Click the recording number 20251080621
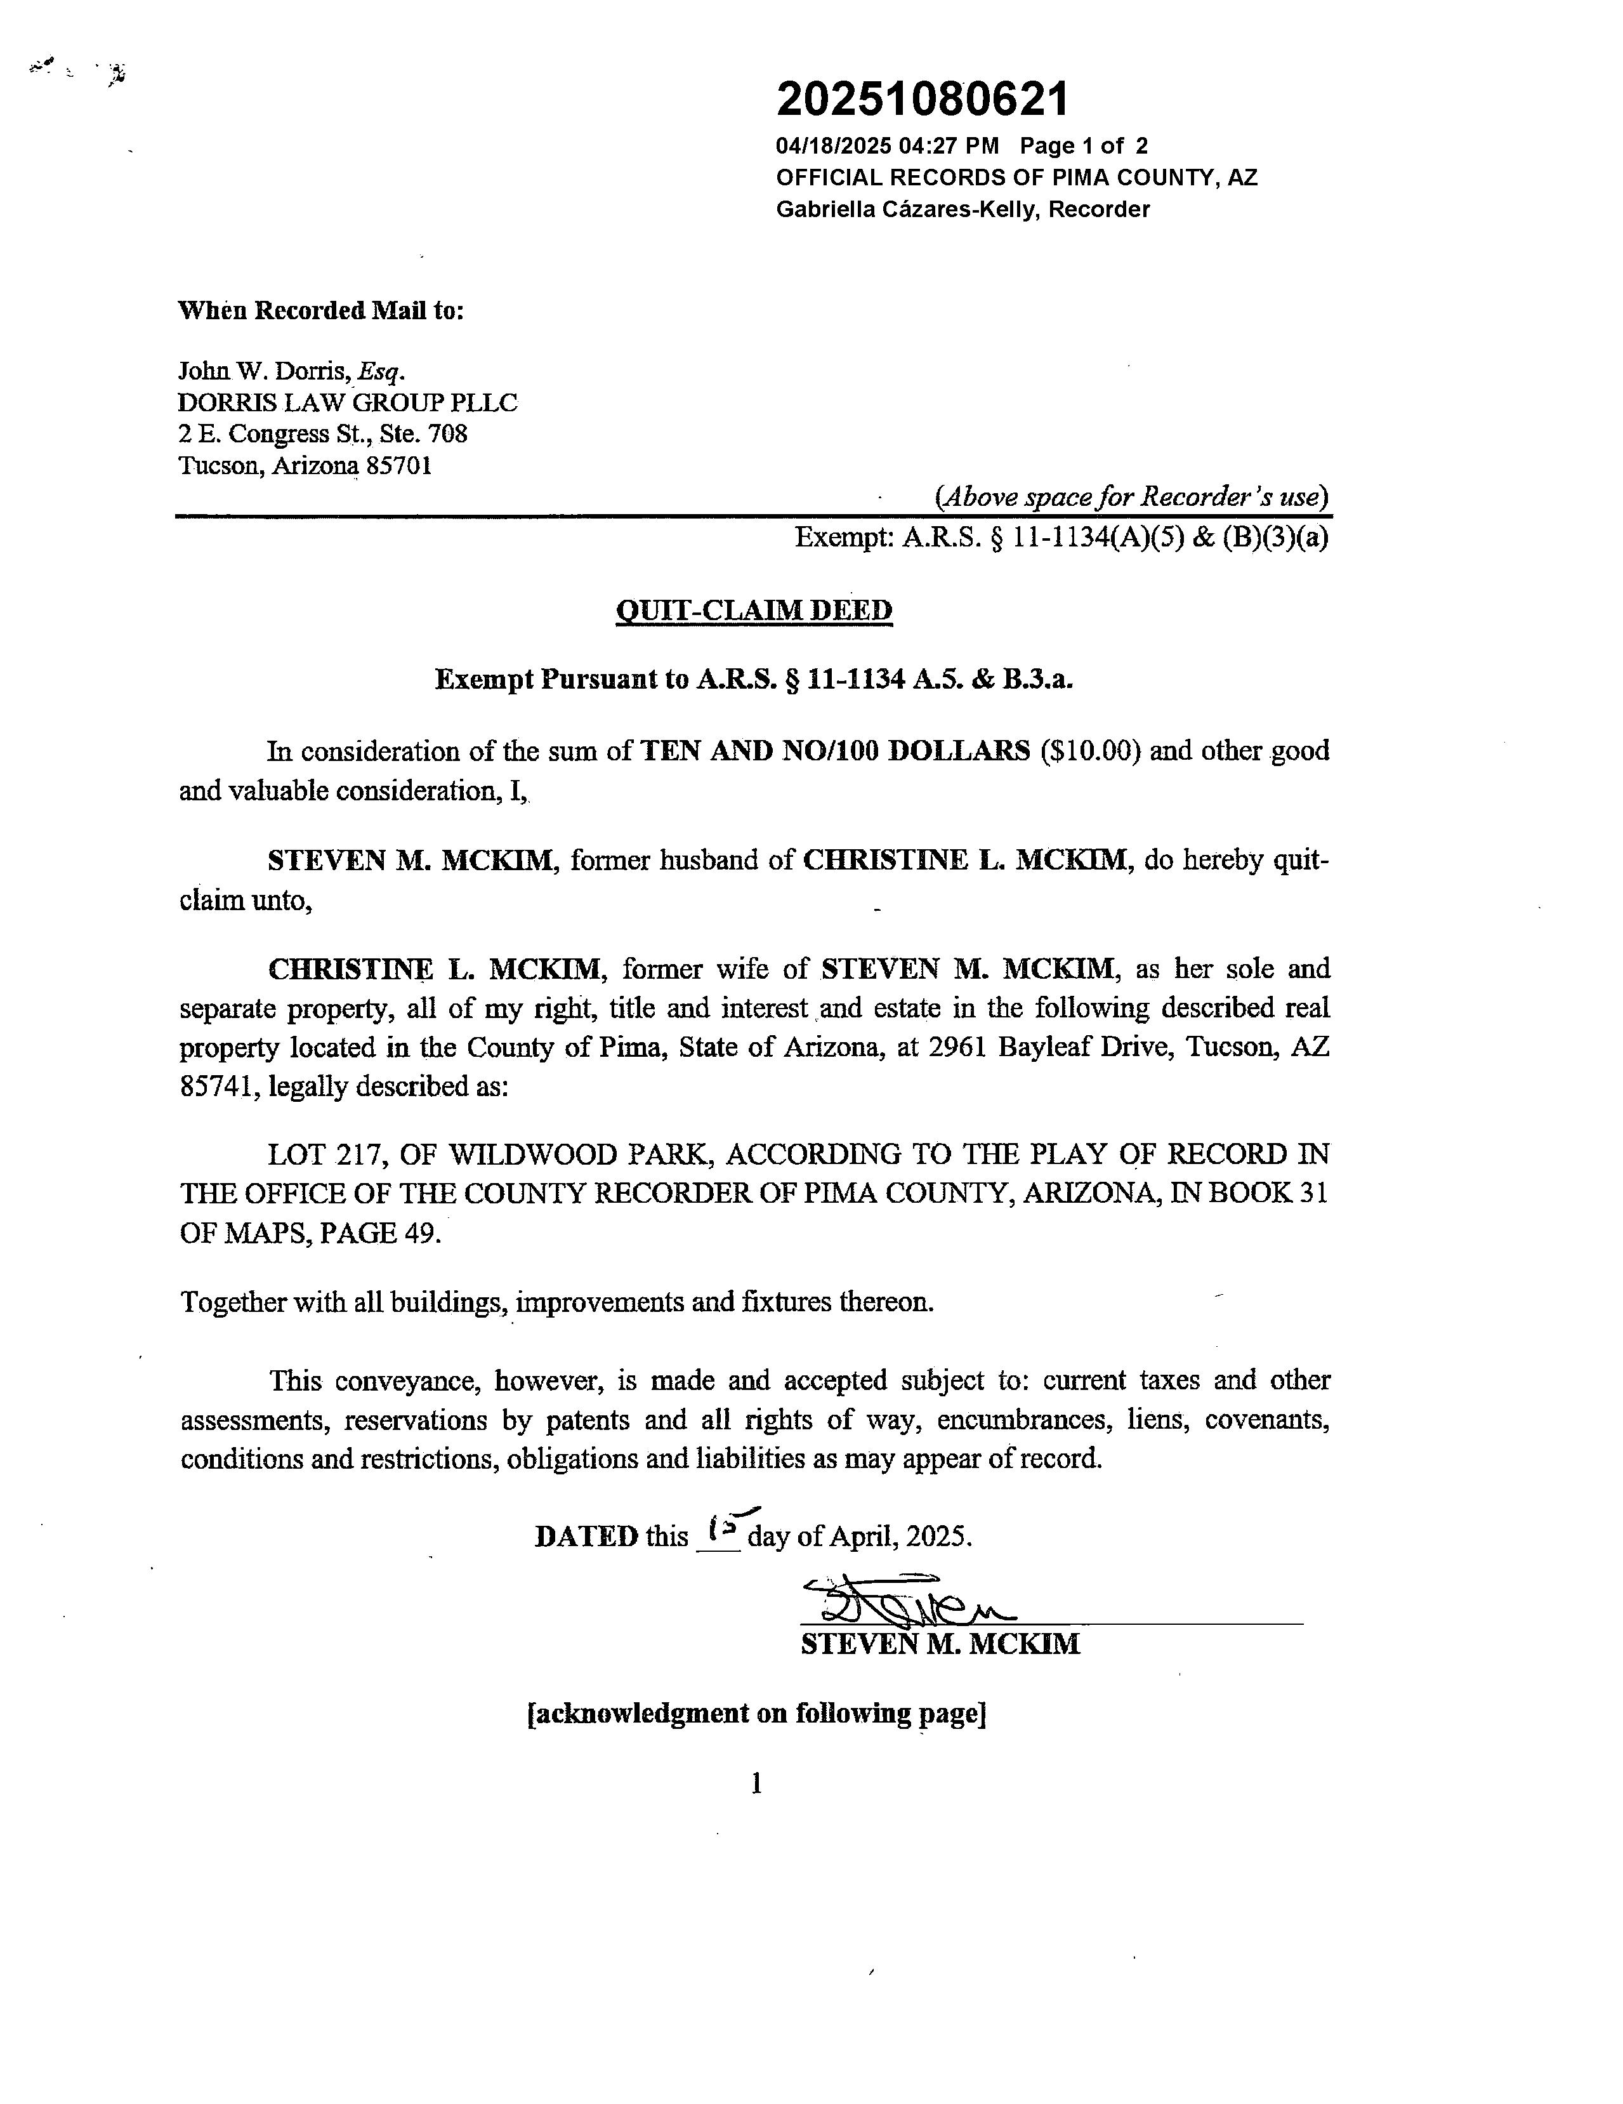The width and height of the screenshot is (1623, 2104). [x=922, y=99]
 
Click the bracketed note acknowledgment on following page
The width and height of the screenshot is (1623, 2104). [x=756, y=1714]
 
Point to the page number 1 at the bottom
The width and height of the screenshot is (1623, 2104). [x=756, y=1784]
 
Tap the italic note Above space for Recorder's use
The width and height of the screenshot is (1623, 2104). [x=1132, y=497]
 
